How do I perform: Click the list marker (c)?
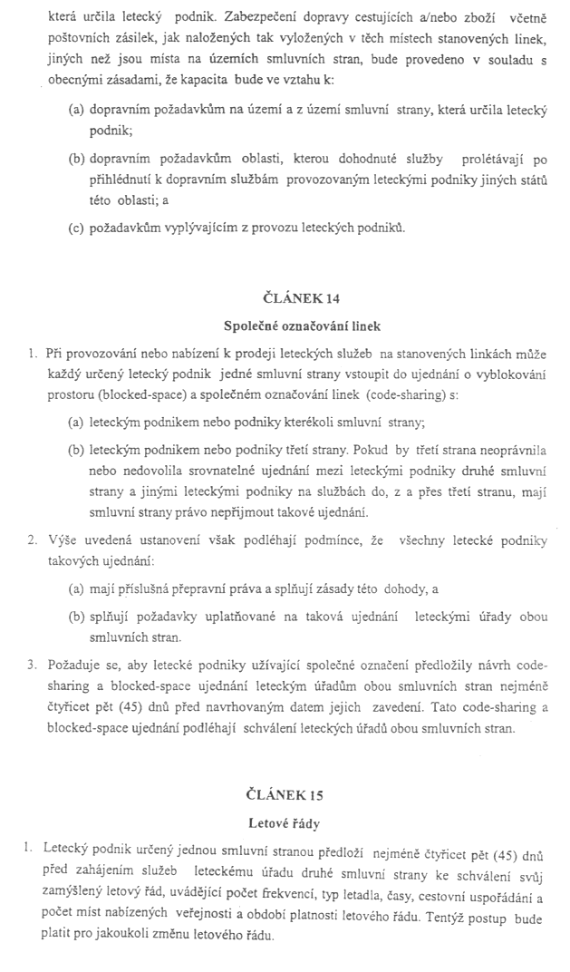tap(77, 227)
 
